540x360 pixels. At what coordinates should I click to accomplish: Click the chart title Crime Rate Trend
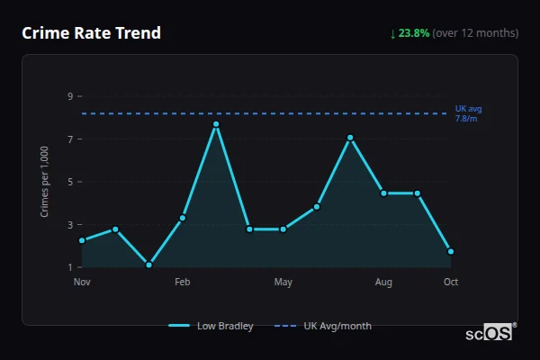[x=91, y=33]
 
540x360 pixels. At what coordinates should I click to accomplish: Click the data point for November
[x=82, y=240]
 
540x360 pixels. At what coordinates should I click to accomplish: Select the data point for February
[x=183, y=218]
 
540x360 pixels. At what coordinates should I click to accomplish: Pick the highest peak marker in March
[x=216, y=124]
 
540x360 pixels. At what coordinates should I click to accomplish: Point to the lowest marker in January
[x=148, y=265]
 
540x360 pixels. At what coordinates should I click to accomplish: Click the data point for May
[x=283, y=229]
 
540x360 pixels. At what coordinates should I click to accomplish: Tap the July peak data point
[x=350, y=138]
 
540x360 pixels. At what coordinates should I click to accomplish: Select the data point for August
[x=383, y=193]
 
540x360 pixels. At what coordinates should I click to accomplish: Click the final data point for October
[x=451, y=251]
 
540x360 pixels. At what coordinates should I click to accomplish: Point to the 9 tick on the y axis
[x=69, y=96]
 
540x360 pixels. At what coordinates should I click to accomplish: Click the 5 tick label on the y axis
[x=69, y=182]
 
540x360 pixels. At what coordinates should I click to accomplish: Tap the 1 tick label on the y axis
[x=69, y=267]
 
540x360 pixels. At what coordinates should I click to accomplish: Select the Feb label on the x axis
[x=183, y=283]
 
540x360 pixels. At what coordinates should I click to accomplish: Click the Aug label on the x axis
[x=383, y=283]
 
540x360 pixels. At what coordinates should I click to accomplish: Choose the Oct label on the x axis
[x=451, y=283]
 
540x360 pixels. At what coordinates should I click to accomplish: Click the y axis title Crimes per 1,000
[x=45, y=182]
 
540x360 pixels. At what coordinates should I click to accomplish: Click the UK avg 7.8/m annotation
[x=468, y=113]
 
